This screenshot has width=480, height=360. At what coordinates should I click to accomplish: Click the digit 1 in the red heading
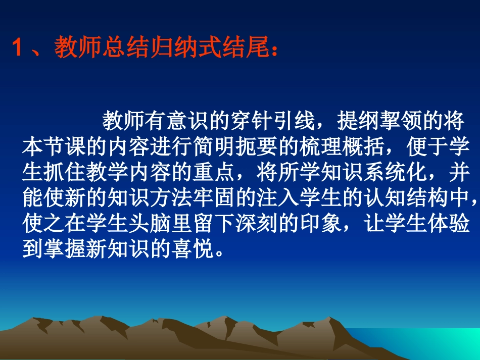click(x=19, y=50)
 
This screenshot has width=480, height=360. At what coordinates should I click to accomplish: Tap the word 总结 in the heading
click(x=119, y=50)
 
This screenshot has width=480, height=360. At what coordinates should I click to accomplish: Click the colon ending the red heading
click(x=275, y=53)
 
